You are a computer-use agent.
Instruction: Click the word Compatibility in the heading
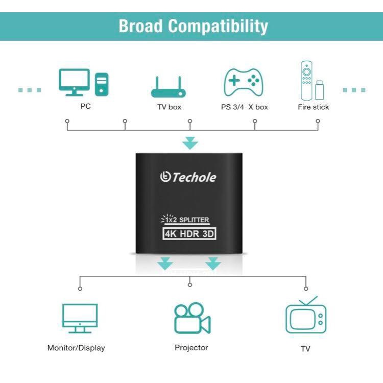(218, 26)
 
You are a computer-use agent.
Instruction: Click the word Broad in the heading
(141, 26)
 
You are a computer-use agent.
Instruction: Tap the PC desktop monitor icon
(74, 82)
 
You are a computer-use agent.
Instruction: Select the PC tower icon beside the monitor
(102, 84)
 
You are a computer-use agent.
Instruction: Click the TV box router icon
(169, 87)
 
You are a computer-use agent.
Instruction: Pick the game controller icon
(244, 83)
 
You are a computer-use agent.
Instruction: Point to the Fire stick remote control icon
(306, 81)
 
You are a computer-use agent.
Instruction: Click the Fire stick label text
(314, 107)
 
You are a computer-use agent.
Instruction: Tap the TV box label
(169, 107)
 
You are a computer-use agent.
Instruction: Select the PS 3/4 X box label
(245, 107)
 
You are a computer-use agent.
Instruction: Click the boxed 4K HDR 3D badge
(189, 233)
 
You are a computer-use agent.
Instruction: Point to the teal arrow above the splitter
(190, 143)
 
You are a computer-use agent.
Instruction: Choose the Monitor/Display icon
(80, 319)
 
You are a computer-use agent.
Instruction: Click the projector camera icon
(193, 318)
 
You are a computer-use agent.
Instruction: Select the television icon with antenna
(306, 315)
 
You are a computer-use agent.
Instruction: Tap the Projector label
(192, 348)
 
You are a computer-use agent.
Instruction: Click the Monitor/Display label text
(76, 348)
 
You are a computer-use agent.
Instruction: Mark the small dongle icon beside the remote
(320, 90)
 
